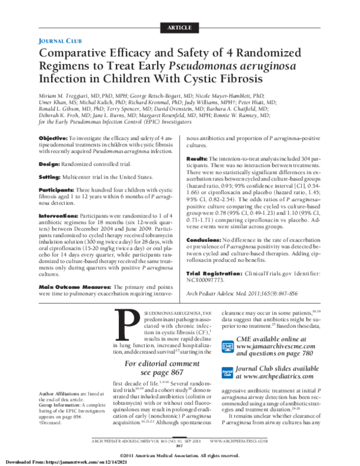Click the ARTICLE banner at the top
tap(179, 27)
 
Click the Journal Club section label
tap(61, 41)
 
